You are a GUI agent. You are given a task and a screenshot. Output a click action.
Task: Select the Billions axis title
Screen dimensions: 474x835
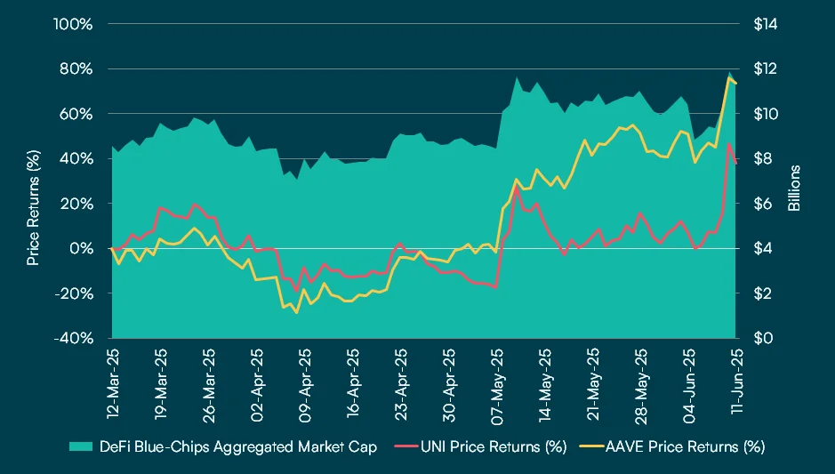tap(795, 188)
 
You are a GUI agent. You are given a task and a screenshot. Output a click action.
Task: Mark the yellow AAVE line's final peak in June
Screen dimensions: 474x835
tap(729, 77)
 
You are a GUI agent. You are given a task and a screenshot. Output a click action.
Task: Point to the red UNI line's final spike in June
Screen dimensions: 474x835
tap(729, 144)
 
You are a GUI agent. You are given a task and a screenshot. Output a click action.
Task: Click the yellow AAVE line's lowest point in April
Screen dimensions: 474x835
tap(297, 312)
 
